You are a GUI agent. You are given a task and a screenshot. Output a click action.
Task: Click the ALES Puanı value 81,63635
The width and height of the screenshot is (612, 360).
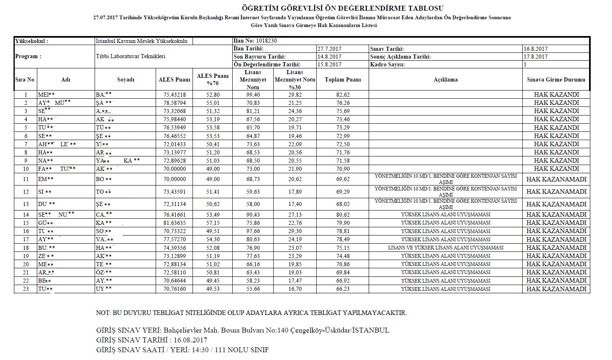coord(175,223)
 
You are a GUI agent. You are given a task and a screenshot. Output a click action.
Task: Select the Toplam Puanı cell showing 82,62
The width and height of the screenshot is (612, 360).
coord(342,95)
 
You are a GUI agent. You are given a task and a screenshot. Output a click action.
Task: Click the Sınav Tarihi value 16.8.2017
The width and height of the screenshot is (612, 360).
coord(535,49)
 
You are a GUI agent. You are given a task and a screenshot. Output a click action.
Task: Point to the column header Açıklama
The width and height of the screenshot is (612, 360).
coord(445,80)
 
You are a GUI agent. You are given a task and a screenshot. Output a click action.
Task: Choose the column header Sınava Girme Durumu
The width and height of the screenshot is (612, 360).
coord(556,80)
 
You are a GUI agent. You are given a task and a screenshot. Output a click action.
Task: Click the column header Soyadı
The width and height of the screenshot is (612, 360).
coord(125,80)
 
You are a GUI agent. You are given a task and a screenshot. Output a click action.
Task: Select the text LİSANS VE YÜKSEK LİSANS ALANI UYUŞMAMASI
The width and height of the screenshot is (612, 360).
coord(445,248)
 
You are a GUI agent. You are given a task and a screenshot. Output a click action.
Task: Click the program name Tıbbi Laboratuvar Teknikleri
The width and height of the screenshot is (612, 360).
coord(130,57)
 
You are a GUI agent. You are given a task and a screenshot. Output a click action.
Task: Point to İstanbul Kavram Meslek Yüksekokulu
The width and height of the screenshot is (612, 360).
coord(141,41)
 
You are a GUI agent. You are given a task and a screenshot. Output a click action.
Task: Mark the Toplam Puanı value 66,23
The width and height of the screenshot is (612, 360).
coord(342,289)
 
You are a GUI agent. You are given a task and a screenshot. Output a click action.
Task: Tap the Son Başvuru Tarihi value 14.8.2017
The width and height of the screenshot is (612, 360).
coord(329,57)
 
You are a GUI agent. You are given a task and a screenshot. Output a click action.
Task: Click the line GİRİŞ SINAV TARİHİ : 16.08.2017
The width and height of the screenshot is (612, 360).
coord(152,340)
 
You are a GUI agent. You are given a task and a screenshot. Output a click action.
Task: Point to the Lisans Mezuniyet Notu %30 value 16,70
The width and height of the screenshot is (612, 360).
coord(295,289)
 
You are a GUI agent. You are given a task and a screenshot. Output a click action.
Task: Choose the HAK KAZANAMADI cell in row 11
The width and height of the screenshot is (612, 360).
coord(556,179)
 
